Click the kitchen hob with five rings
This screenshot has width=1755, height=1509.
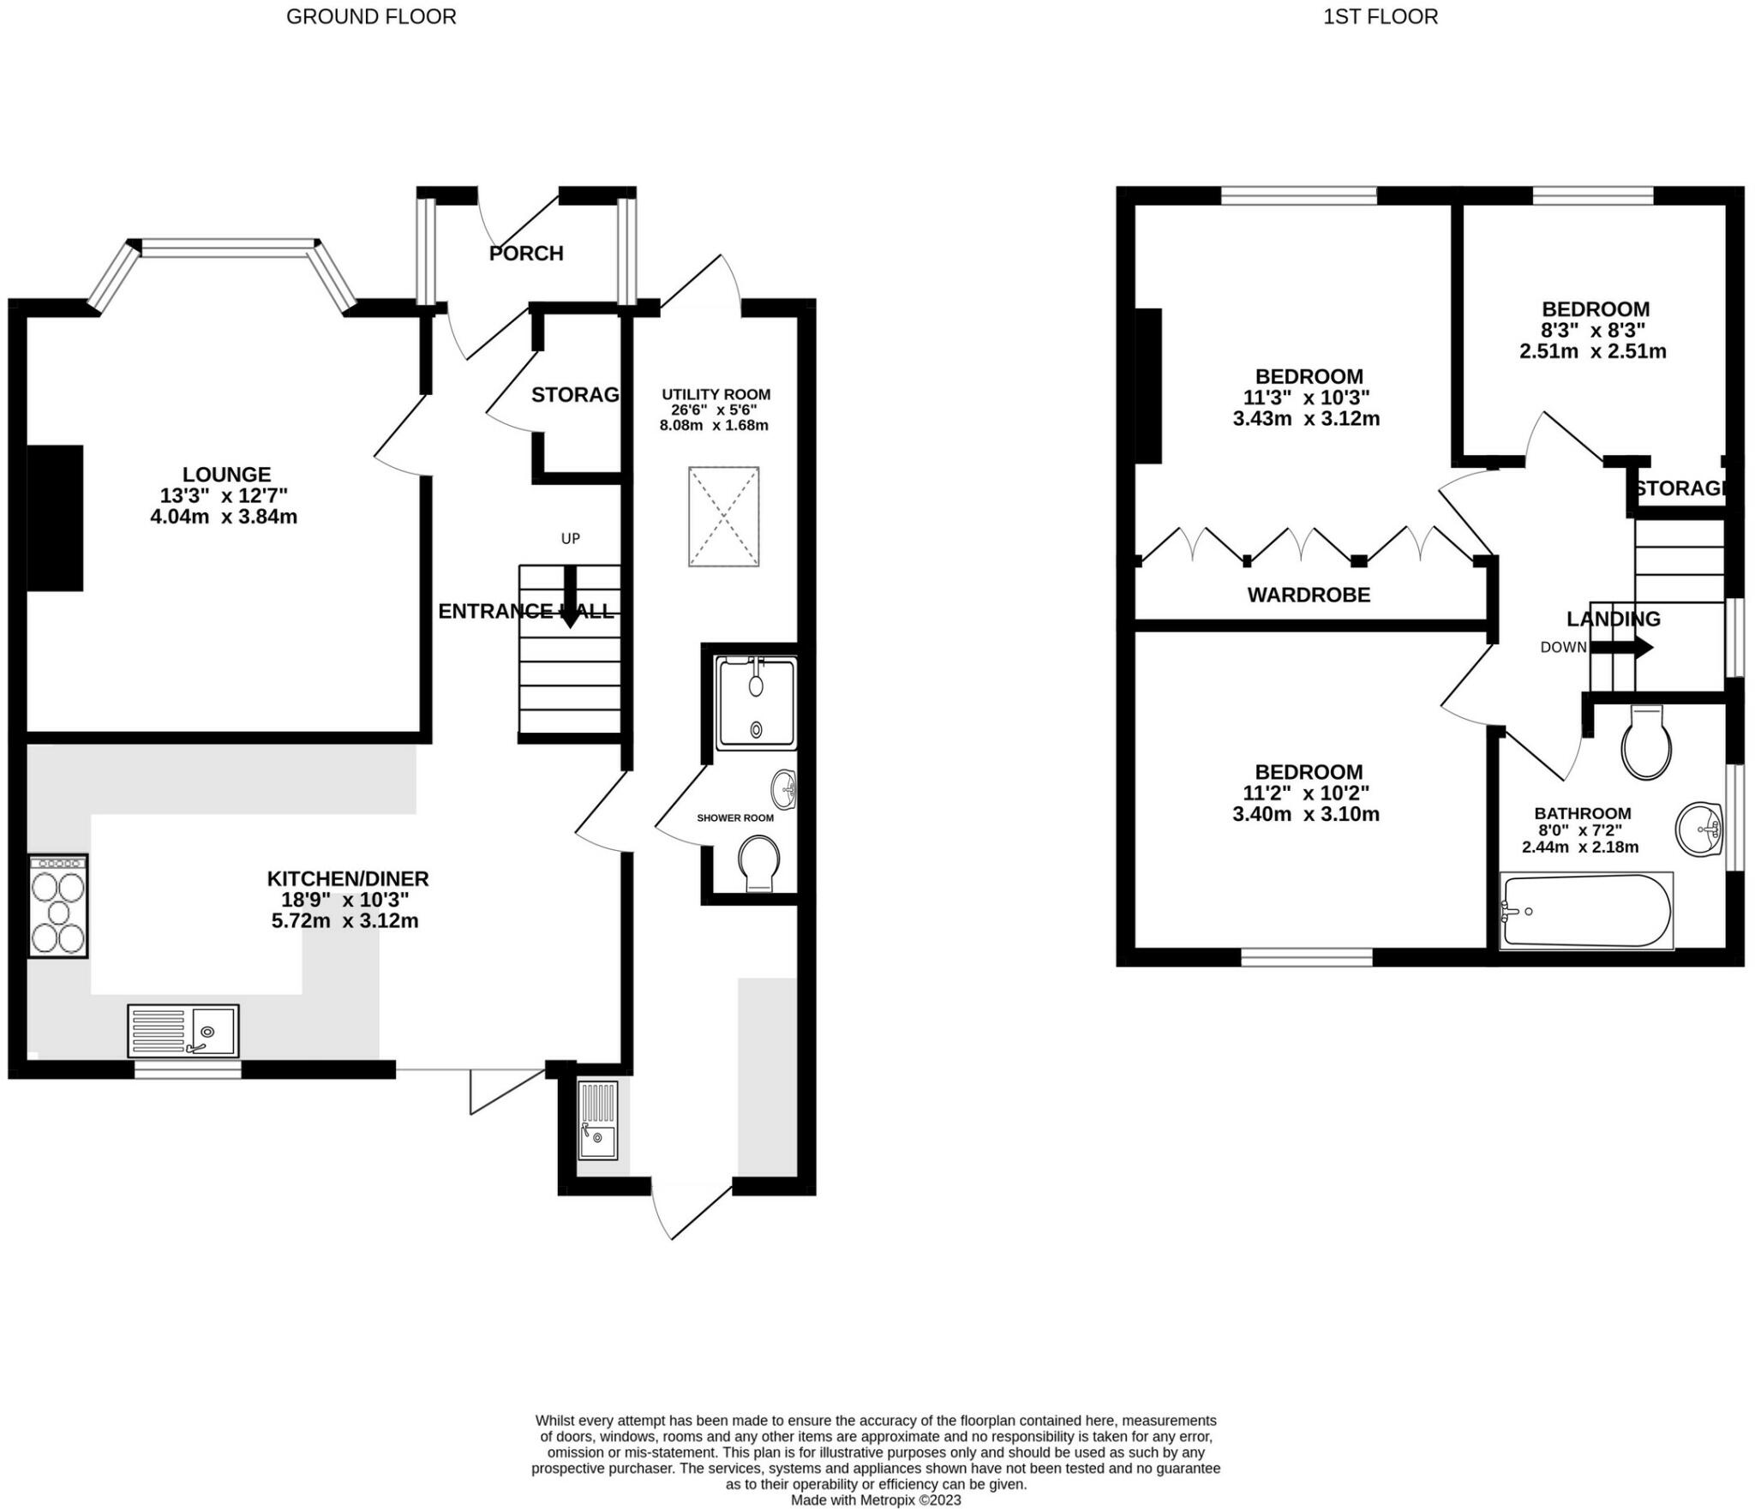[x=58, y=906]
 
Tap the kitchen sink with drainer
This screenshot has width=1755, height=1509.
[x=183, y=1031]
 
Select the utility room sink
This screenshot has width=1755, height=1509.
[x=598, y=1120]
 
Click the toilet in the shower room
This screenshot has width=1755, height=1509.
[x=759, y=863]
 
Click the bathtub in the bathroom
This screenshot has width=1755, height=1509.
[x=1586, y=911]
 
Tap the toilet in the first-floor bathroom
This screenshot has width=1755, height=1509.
[x=1646, y=742]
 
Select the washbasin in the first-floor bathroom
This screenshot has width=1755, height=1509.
[x=1699, y=829]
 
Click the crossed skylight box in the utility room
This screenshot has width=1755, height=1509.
[x=723, y=517]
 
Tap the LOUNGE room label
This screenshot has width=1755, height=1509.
[x=226, y=474]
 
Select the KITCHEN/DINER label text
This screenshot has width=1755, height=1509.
[x=348, y=878]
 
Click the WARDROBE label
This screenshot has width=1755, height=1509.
[x=1309, y=595]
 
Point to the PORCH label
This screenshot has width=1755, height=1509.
[x=526, y=254]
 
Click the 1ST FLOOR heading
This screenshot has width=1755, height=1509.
[x=1381, y=16]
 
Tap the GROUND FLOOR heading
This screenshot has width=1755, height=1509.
[x=371, y=16]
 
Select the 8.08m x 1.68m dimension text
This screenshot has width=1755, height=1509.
[x=714, y=425]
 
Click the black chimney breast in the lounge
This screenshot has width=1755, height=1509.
[x=56, y=518]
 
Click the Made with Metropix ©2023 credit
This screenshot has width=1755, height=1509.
[x=876, y=1500]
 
